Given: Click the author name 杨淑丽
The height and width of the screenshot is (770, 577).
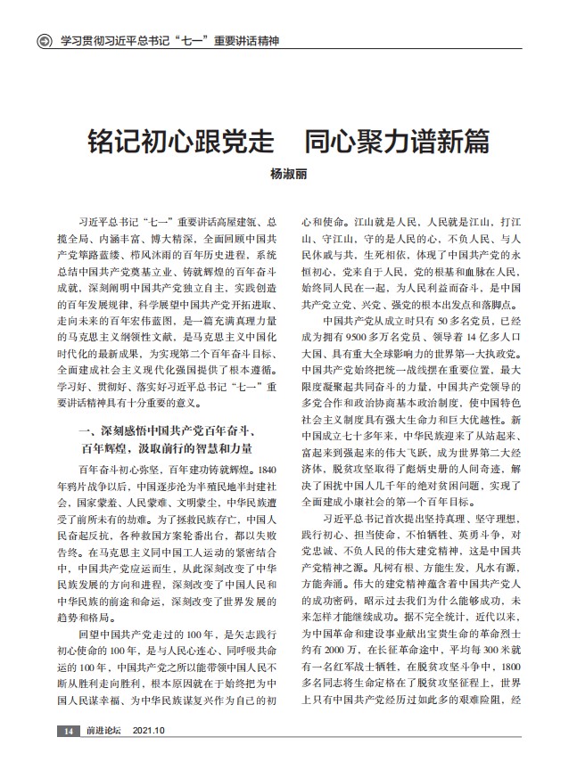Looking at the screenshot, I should (x=288, y=176).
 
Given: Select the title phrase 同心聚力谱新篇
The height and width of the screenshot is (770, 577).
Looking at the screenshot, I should (x=396, y=141).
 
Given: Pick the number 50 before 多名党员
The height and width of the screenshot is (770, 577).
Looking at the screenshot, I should (x=449, y=319).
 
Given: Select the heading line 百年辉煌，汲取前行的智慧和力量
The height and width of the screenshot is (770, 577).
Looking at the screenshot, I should (x=175, y=446).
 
